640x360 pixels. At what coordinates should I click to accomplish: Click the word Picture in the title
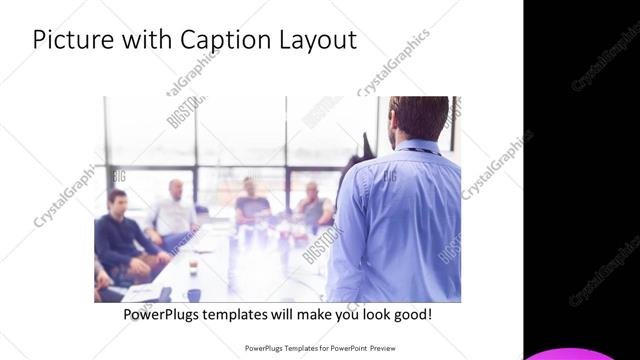pyautogui.click(x=71, y=40)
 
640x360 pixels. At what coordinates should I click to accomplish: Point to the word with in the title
pyautogui.click(x=144, y=40)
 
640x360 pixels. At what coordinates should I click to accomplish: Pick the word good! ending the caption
pyautogui.click(x=411, y=315)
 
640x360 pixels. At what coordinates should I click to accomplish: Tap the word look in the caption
pyautogui.click(x=366, y=315)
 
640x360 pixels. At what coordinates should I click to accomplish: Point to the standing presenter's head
pyautogui.click(x=419, y=118)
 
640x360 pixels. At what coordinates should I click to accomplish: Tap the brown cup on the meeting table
pyautogui.click(x=193, y=267)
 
